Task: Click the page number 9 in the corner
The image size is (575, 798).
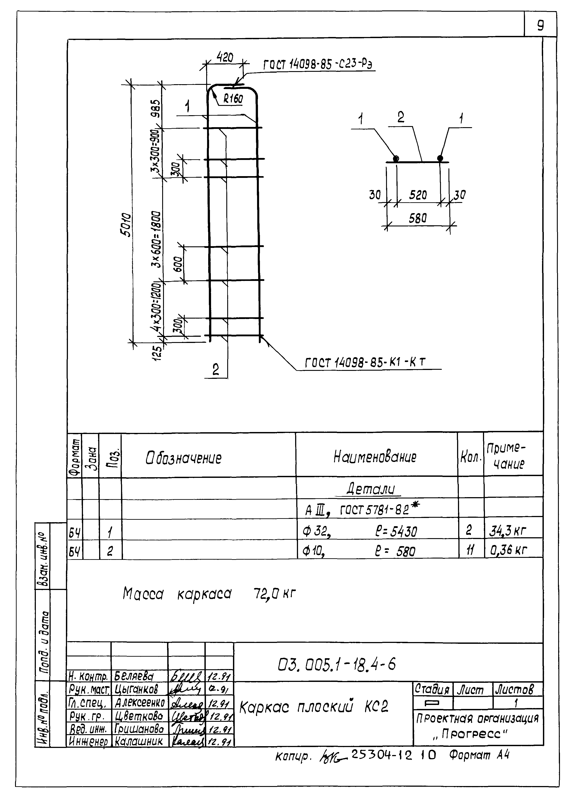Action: (540, 25)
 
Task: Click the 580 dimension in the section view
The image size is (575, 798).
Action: (417, 218)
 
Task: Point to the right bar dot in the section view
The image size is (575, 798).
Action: (440, 158)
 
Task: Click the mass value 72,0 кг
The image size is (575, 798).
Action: (274, 594)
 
